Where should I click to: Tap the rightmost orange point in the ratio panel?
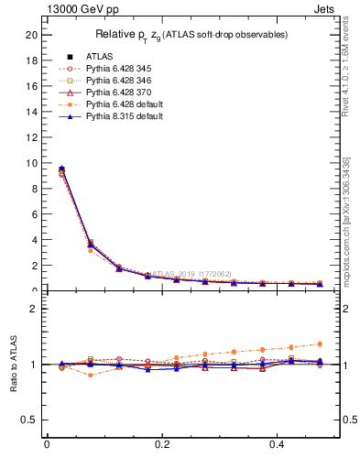pyautogui.click(x=320, y=344)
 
